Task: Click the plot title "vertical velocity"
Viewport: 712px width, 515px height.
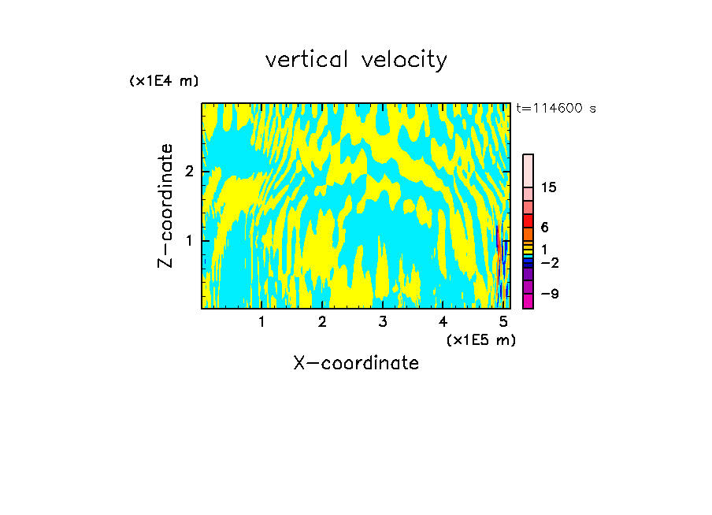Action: click(356, 60)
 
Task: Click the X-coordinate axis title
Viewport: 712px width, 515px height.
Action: click(356, 363)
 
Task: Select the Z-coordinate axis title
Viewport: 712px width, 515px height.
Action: click(165, 206)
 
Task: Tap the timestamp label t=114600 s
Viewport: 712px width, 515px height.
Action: click(556, 109)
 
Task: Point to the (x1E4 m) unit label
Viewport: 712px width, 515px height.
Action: click(164, 81)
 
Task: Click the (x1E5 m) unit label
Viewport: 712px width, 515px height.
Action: click(480, 339)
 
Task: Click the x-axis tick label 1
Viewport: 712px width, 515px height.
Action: click(262, 321)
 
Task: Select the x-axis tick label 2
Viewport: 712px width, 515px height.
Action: click(322, 321)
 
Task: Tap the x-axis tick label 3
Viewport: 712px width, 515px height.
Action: click(383, 321)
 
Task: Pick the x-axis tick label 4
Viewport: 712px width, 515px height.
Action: click(443, 321)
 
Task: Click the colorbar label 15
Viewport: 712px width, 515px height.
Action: click(549, 187)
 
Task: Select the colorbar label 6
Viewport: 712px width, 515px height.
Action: click(544, 227)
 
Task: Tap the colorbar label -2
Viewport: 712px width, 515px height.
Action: click(548, 263)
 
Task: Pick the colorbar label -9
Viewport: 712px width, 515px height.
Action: click(548, 294)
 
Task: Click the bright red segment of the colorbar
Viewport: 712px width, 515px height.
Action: click(528, 220)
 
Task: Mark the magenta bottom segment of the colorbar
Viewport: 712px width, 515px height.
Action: click(528, 300)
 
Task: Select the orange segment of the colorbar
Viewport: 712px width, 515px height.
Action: click(528, 234)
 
